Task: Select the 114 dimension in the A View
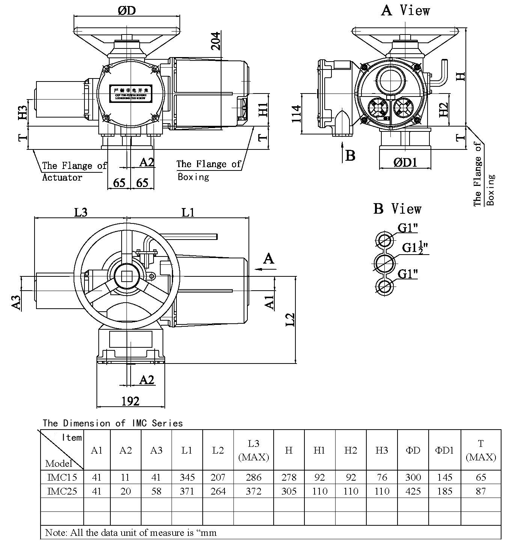[x=297, y=113]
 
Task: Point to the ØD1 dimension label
[x=405, y=162]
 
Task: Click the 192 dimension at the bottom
[x=130, y=401]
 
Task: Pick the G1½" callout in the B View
[x=415, y=248]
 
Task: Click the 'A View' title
[x=405, y=11]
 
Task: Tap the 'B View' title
[x=397, y=209]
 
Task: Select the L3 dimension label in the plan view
[x=80, y=212]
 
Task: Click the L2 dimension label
[x=290, y=319]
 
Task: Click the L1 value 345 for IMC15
[x=187, y=477]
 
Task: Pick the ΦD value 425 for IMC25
[x=413, y=491]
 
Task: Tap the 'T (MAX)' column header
[x=481, y=450]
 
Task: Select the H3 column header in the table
[x=381, y=450]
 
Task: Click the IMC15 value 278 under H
[x=288, y=477]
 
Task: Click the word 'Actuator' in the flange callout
[x=62, y=177]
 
